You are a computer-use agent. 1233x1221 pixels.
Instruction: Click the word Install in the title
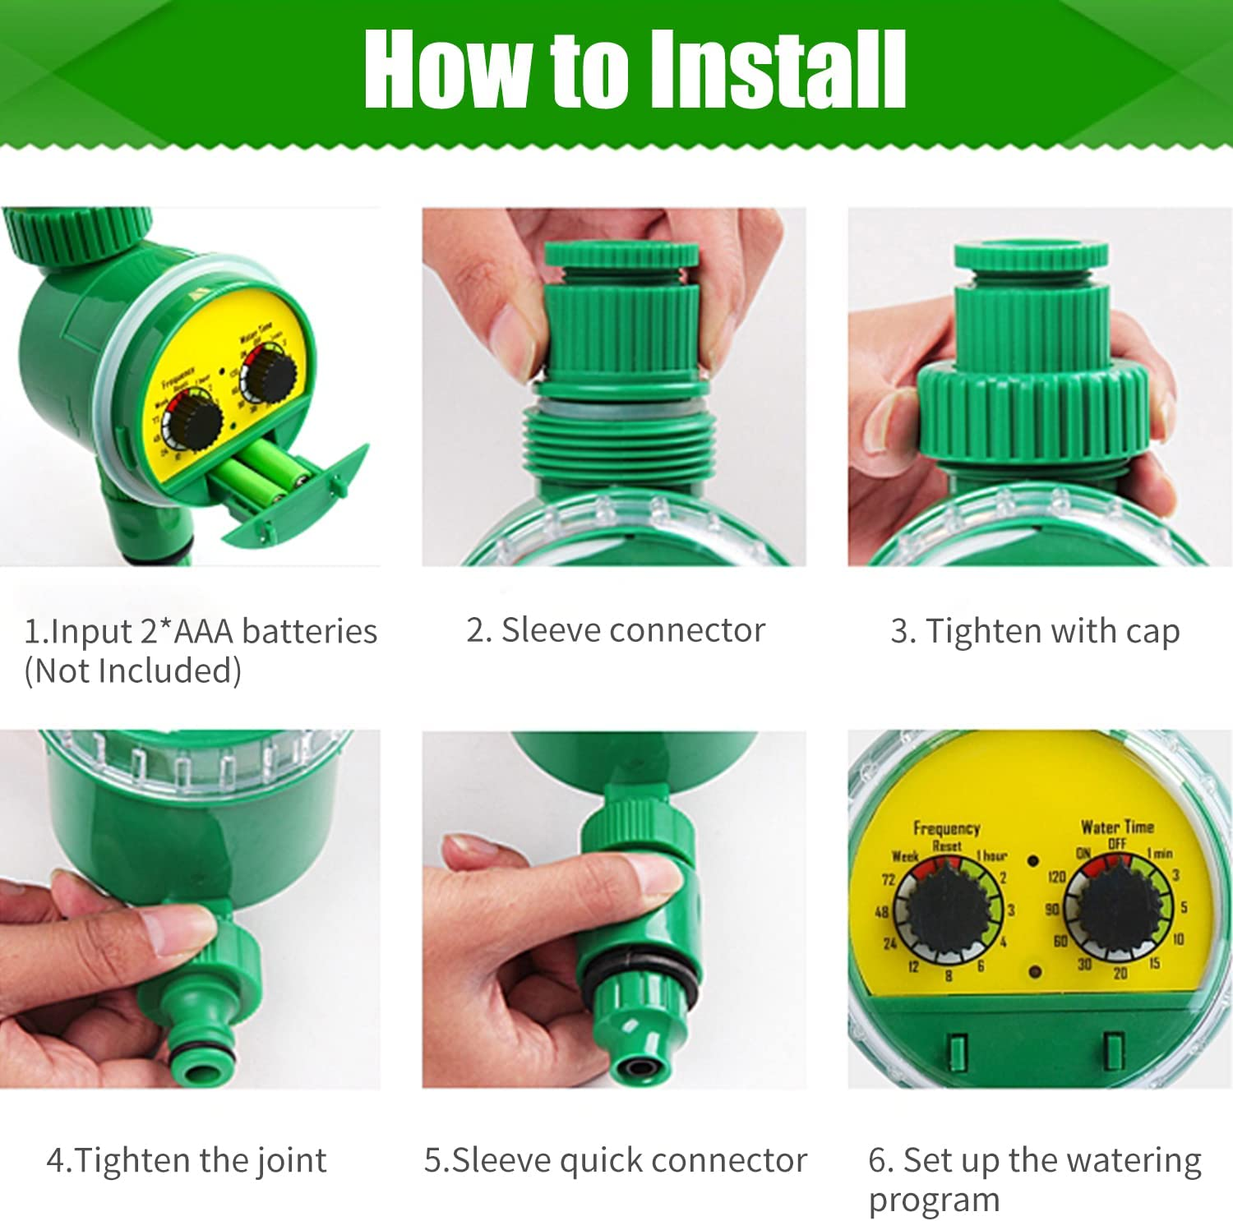[777, 69]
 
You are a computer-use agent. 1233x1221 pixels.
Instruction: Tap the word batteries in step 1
[310, 631]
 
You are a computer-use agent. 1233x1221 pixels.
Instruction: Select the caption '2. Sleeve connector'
[616, 630]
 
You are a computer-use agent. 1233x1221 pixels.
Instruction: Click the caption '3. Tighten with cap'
[1035, 631]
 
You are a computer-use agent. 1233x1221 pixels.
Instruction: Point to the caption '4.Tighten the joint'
[187, 1160]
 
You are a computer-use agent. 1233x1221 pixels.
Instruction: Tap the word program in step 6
[934, 1200]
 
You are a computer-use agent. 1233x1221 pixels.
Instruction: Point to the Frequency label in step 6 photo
[946, 828]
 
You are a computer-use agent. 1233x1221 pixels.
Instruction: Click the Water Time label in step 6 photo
[1116, 827]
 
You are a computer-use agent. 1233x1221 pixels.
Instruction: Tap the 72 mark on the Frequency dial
[888, 879]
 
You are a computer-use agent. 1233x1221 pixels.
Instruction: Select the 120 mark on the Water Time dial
[1056, 877]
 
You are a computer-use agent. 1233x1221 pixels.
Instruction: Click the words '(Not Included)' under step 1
[132, 670]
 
